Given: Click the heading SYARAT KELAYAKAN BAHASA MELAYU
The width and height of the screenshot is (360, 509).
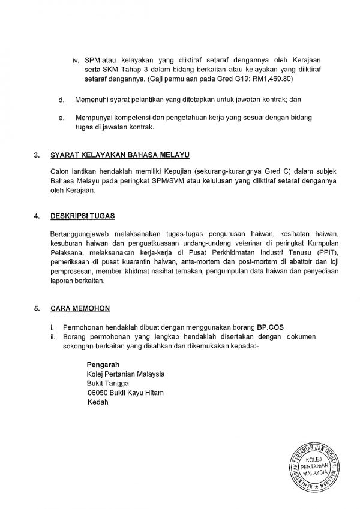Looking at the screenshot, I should click(120, 157).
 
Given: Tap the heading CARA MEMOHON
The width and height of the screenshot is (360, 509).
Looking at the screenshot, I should click(80, 309).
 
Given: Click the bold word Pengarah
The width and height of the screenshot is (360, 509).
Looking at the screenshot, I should click(103, 365).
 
